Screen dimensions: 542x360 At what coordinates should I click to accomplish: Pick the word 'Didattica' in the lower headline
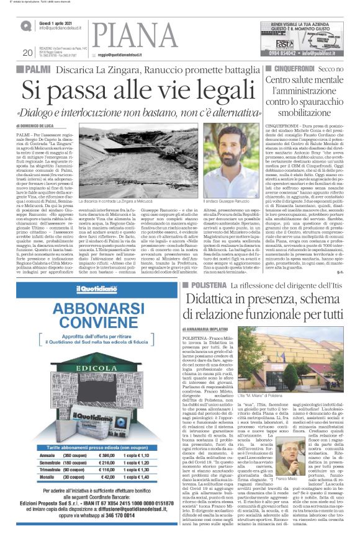coord(210,301)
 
